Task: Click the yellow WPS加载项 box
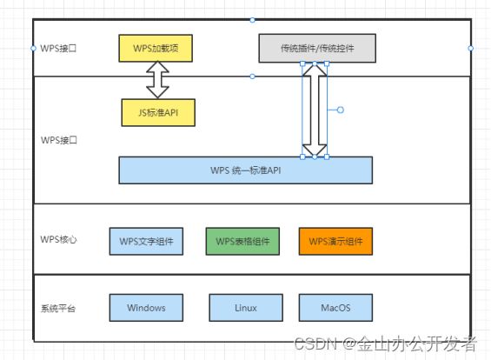(155, 48)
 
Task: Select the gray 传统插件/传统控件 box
(317, 48)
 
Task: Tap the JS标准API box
(158, 112)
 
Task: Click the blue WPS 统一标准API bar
(245, 170)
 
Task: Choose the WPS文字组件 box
(146, 241)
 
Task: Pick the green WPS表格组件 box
(242, 241)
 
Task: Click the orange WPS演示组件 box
(335, 241)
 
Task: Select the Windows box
(146, 308)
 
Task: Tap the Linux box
(246, 308)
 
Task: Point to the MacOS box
(335, 308)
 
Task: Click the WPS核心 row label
(58, 239)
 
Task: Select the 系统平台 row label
(58, 309)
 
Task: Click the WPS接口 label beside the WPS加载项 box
(58, 48)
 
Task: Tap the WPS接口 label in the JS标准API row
(58, 140)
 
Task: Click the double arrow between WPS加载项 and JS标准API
(158, 80)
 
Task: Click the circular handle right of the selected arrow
(341, 110)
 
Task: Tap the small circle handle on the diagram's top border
(252, 19)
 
